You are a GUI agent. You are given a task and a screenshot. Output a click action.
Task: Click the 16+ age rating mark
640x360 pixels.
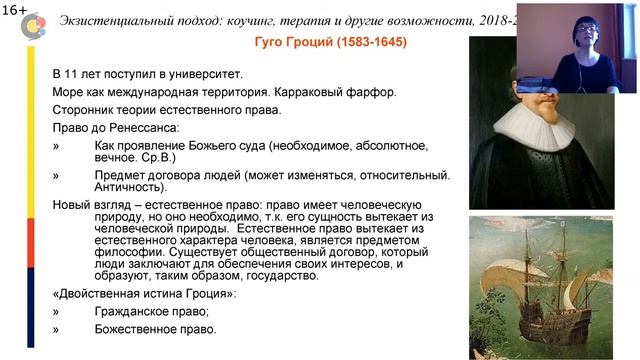coord(15,8)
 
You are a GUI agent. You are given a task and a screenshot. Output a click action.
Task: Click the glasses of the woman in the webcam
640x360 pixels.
coord(583,32)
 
